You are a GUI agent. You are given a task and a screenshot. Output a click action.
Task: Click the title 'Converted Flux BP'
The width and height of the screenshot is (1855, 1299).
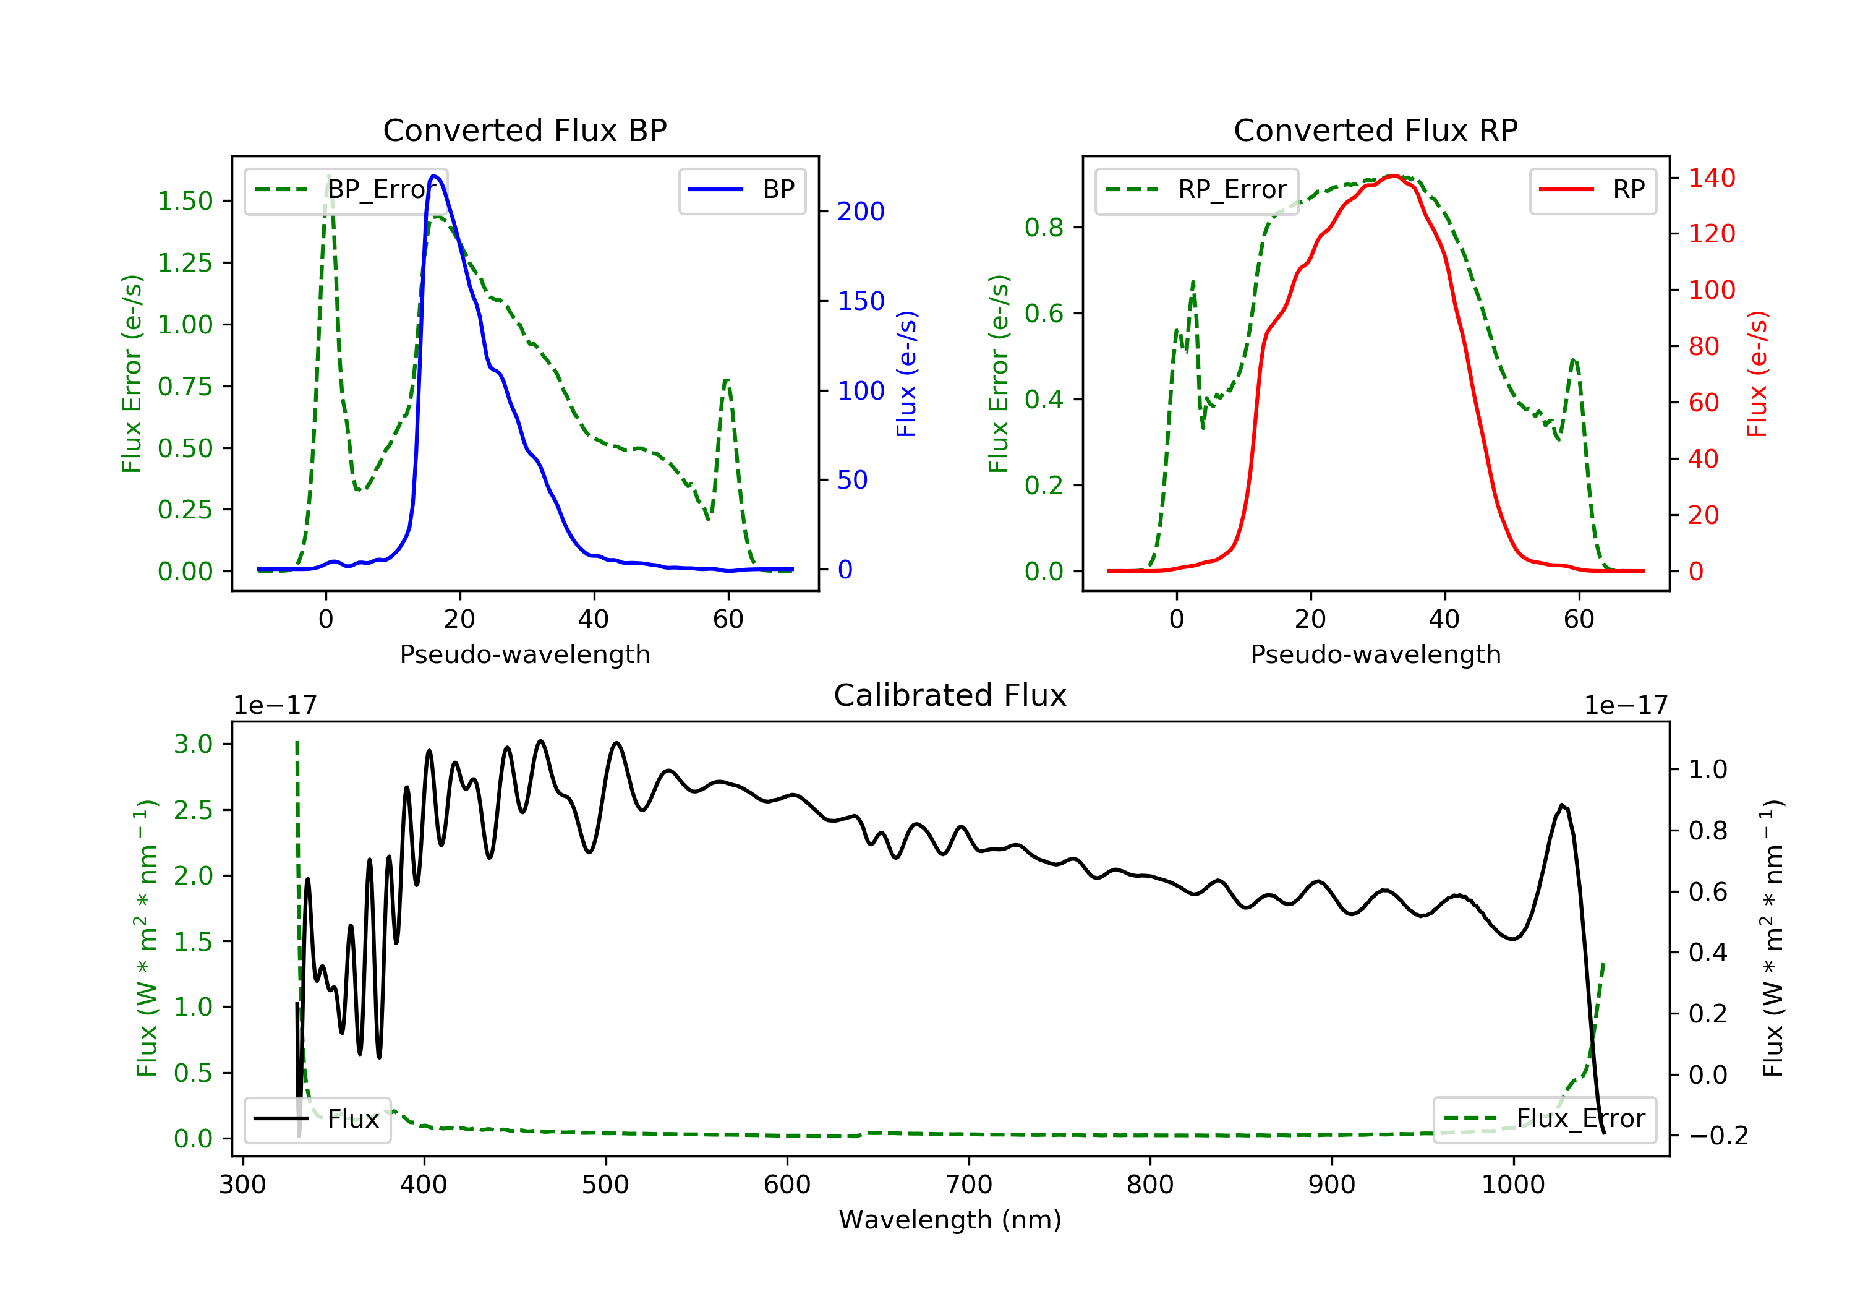(525, 130)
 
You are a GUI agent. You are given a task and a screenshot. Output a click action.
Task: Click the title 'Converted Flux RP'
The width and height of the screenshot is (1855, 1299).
(1376, 130)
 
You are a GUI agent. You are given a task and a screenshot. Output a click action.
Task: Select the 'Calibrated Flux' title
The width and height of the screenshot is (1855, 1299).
(950, 695)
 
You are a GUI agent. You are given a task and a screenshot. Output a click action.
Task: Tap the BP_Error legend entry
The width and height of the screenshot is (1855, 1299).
(346, 190)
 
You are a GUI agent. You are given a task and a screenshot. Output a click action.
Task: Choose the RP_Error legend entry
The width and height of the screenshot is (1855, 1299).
(1196, 190)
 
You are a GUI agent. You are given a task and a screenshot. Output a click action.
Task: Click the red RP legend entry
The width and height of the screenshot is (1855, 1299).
(1592, 190)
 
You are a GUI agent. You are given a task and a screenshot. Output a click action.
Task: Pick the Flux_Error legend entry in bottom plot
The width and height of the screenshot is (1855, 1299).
(1544, 1119)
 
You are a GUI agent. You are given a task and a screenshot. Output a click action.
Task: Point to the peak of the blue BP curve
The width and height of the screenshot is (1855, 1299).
(434, 176)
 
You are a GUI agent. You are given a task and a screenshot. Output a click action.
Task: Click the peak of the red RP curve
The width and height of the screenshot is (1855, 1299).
(1394, 176)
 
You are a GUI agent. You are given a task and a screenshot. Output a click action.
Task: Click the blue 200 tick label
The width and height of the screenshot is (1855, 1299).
(861, 212)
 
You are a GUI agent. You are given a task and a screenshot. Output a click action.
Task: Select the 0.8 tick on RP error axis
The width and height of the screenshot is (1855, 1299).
(1044, 228)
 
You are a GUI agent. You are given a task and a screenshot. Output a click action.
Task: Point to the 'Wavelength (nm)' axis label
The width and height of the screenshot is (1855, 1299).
(950, 1220)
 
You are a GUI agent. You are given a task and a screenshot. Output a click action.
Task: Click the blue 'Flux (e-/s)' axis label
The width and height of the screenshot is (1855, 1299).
(906, 374)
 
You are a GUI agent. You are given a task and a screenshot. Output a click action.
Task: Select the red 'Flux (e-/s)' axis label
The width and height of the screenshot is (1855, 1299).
(1757, 374)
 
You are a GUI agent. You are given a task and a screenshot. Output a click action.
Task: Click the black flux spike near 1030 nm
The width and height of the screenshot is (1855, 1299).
(1562, 805)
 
